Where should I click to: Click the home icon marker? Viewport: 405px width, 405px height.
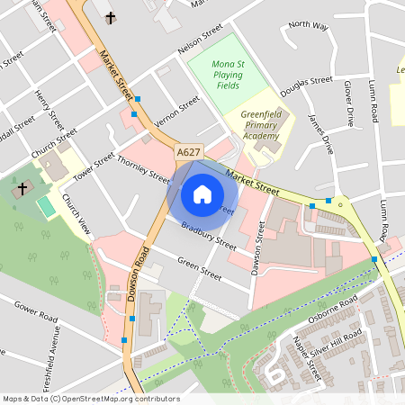click(x=202, y=193)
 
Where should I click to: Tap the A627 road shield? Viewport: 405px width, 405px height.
click(x=189, y=153)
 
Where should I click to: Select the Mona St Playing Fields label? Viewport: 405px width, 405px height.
click(x=216, y=76)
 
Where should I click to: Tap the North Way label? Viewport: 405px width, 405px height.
click(x=308, y=24)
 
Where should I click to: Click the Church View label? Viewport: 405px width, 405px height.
click(x=76, y=213)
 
